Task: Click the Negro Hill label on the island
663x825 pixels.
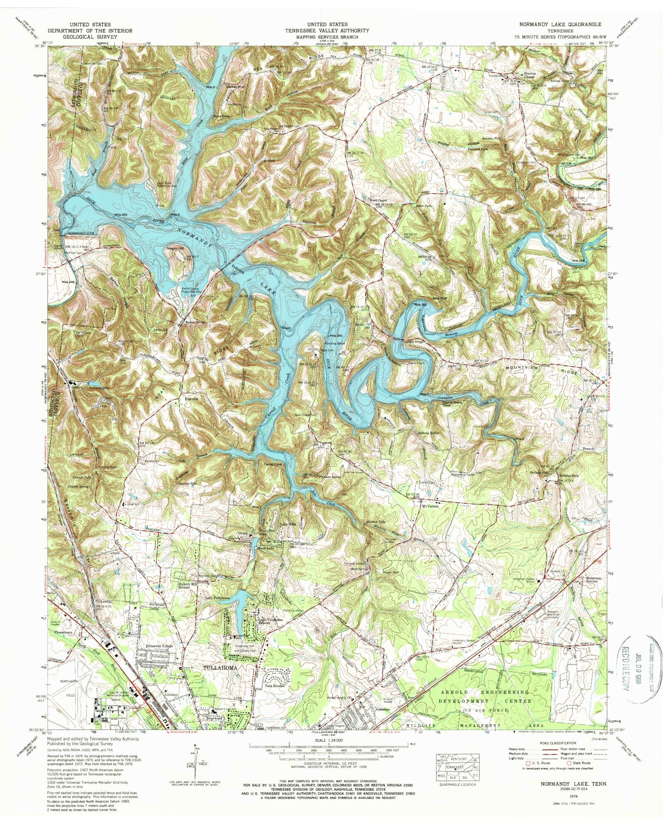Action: (x=174, y=248)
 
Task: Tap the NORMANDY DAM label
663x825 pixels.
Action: (x=81, y=233)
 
